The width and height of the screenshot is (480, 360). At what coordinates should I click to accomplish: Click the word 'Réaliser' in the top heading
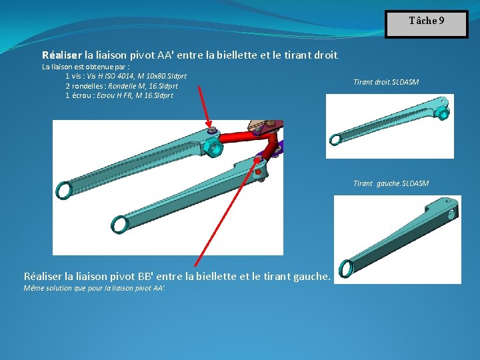(x=63, y=55)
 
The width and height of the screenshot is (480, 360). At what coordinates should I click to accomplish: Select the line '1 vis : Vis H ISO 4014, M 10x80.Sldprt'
(x=130, y=76)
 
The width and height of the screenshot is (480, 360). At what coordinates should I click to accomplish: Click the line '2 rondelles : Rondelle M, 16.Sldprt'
(x=121, y=86)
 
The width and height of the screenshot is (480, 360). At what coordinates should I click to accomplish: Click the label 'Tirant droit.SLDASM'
(x=386, y=82)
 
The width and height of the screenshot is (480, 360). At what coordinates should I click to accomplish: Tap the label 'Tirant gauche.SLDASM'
(x=391, y=183)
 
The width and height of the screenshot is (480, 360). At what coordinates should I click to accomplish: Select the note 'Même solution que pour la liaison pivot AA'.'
(x=94, y=289)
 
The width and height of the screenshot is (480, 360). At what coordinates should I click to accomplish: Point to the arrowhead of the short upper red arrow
(x=210, y=126)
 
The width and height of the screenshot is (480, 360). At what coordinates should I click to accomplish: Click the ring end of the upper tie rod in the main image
(x=64, y=191)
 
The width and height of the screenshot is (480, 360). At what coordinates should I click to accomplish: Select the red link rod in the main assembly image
(x=243, y=139)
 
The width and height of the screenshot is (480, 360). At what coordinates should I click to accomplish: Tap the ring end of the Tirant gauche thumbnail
(x=345, y=268)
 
